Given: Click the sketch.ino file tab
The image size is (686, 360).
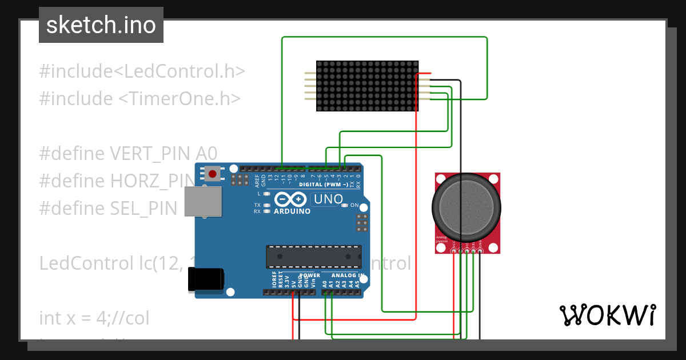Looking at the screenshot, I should click(x=101, y=25).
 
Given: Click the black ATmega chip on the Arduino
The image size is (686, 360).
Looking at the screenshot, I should click(x=314, y=256).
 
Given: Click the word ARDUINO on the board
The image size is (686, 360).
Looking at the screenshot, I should click(x=292, y=211).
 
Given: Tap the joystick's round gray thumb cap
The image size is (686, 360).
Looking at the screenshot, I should click(x=466, y=207).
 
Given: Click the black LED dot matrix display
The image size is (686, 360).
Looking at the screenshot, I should click(x=366, y=86).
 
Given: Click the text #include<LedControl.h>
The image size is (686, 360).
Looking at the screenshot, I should click(x=142, y=71).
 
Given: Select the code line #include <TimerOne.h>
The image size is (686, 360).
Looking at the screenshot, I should click(x=139, y=98).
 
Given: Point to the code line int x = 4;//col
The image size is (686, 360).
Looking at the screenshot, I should click(x=94, y=317).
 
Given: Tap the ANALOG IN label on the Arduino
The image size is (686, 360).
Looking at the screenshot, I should click(x=347, y=275).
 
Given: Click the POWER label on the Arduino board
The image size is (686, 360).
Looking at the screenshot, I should click(x=310, y=275).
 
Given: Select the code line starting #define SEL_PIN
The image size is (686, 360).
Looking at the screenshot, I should click(x=109, y=208).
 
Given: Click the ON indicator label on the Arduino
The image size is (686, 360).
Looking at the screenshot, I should click(x=354, y=205).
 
